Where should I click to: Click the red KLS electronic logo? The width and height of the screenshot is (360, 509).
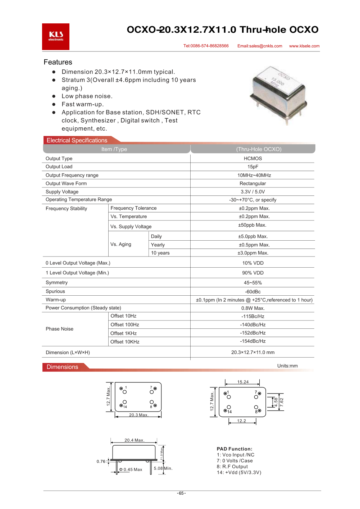[x=56, y=37]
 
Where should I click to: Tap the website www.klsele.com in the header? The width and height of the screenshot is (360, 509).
[x=304, y=46]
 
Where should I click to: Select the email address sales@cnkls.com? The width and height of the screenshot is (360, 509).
[x=260, y=46]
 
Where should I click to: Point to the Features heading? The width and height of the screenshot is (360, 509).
[x=58, y=62]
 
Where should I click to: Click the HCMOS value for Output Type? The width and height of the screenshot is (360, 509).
[x=253, y=159]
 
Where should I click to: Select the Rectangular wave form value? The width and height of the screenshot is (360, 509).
[x=253, y=183]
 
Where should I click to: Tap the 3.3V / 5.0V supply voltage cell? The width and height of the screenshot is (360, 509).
[x=253, y=192]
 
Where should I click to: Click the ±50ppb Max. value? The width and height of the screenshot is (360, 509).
[x=252, y=225]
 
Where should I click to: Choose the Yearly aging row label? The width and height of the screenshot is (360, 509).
[x=158, y=245]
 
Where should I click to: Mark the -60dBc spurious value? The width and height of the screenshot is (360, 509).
[x=253, y=292]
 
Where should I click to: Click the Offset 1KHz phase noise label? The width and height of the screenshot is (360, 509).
[x=123, y=333]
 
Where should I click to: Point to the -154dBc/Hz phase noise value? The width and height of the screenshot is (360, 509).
[x=253, y=341]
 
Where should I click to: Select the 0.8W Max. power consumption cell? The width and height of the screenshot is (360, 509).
[x=253, y=308]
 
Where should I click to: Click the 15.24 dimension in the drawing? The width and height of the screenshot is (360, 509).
[x=243, y=382]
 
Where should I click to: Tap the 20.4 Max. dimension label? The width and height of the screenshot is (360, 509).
[x=135, y=440]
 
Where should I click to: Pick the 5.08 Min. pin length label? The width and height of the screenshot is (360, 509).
[x=163, y=468]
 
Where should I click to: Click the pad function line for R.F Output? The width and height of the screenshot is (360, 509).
[x=232, y=467]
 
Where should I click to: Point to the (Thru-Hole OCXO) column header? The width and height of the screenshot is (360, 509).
[x=259, y=149]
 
